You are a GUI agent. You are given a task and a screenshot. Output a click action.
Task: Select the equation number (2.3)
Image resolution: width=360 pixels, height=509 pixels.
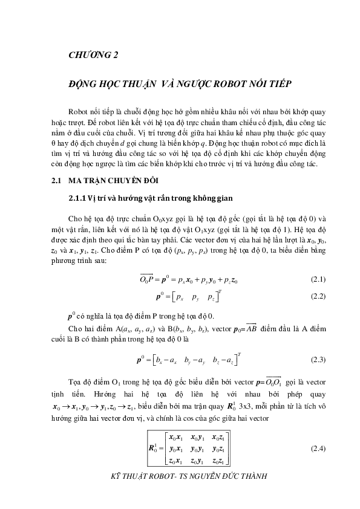point(318,360)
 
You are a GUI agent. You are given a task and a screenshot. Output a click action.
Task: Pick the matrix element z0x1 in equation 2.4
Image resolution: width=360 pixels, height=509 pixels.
point(177,461)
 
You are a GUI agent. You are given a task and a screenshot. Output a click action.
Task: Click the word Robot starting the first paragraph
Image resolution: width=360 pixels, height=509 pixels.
point(80,112)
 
